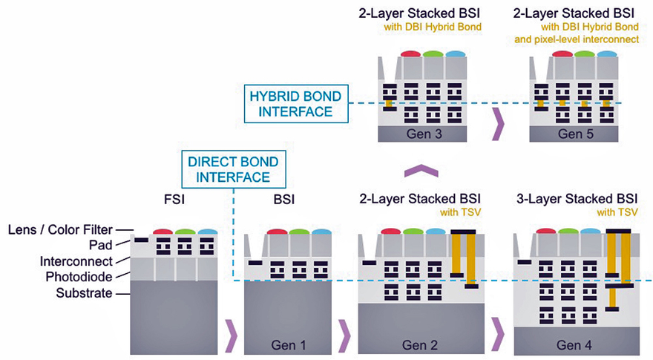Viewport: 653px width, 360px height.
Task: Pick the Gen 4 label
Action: tap(574, 345)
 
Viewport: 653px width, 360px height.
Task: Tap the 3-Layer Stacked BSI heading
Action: tap(576, 198)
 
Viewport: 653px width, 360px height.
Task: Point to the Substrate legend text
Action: tap(83, 293)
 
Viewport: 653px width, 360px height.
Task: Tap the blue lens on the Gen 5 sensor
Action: tap(607, 54)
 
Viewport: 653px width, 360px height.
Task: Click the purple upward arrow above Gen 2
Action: tap(419, 171)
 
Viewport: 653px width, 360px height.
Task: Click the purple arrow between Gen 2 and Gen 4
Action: tap(497, 336)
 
